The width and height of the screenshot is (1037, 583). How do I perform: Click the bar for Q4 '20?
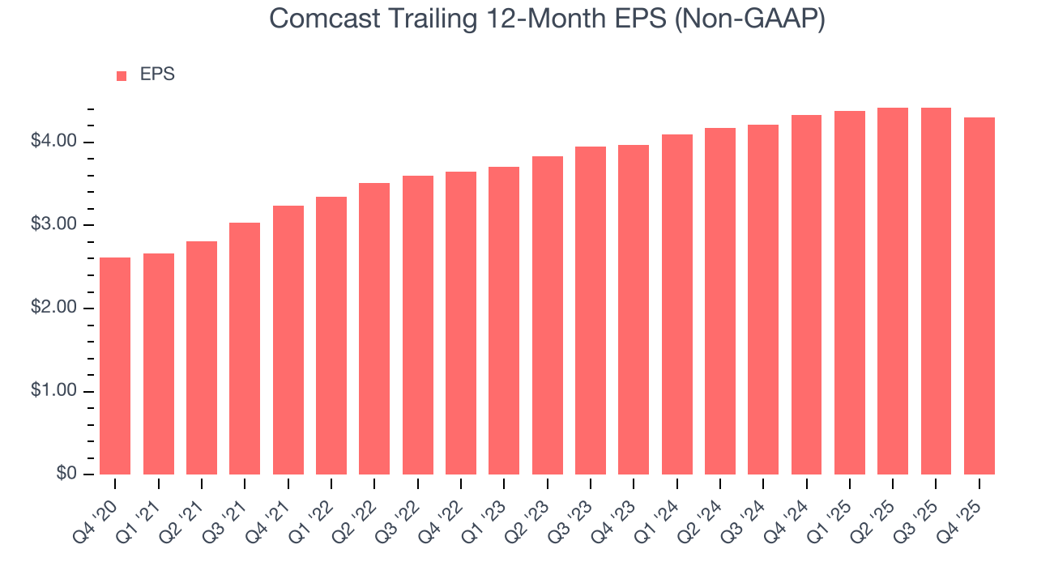pyautogui.click(x=115, y=366)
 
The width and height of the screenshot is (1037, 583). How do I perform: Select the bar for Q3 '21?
pyautogui.click(x=245, y=348)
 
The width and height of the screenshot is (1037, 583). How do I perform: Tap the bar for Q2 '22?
pyautogui.click(x=374, y=329)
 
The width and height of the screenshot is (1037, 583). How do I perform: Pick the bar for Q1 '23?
pyautogui.click(x=504, y=321)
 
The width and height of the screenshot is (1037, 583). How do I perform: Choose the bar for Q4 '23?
pyautogui.click(x=634, y=309)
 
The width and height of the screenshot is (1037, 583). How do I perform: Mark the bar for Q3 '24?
pyautogui.click(x=763, y=300)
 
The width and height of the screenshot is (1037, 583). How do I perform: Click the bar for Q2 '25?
pyautogui.click(x=893, y=291)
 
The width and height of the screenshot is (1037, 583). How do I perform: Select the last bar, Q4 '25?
pyautogui.click(x=979, y=296)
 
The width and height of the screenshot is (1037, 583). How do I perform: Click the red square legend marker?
pyautogui.click(x=122, y=75)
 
